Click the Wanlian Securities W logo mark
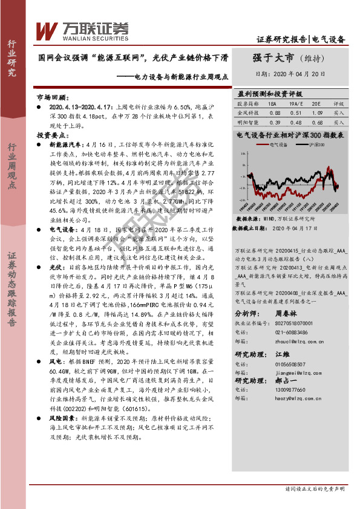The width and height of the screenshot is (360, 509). pyautogui.click(x=47, y=31)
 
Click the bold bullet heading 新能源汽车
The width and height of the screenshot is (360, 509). pyautogui.click(x=63, y=146)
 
